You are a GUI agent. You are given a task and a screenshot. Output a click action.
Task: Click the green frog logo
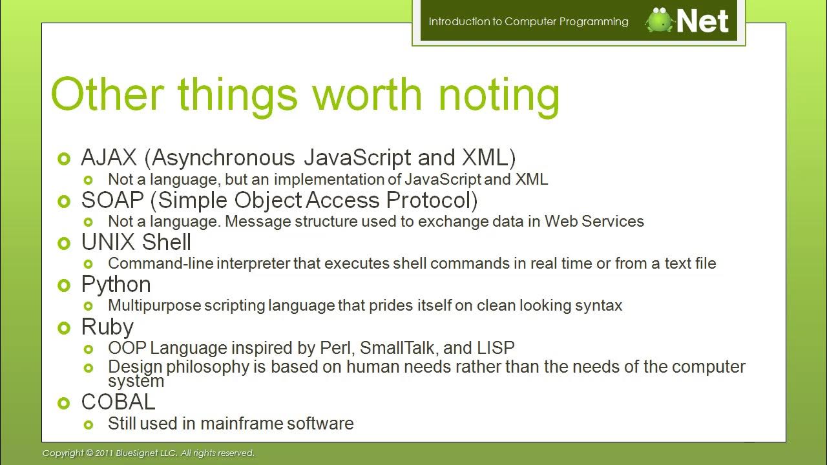pyautogui.click(x=660, y=21)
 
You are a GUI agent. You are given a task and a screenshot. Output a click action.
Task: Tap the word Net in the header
pyautogui.click(x=702, y=21)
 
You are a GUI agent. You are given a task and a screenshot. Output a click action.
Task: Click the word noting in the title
pyautogui.click(x=499, y=94)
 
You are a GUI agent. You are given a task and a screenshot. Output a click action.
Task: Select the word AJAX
pyautogui.click(x=109, y=158)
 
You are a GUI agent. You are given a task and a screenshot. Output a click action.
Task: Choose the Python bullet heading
pyautogui.click(x=116, y=285)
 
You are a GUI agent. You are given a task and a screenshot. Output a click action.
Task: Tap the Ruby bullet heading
pyautogui.click(x=107, y=327)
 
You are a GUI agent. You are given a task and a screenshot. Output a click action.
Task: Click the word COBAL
pyautogui.click(x=118, y=402)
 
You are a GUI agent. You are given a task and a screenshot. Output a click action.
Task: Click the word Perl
pyautogui.click(x=336, y=348)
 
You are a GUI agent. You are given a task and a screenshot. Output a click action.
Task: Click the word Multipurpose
pyautogui.click(x=154, y=305)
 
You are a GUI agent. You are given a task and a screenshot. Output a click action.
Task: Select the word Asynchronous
pyautogui.click(x=224, y=158)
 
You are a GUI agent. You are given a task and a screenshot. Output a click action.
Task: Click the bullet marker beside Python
pyautogui.click(x=63, y=285)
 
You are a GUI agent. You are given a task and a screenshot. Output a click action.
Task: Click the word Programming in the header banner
pyautogui.click(x=594, y=21)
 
